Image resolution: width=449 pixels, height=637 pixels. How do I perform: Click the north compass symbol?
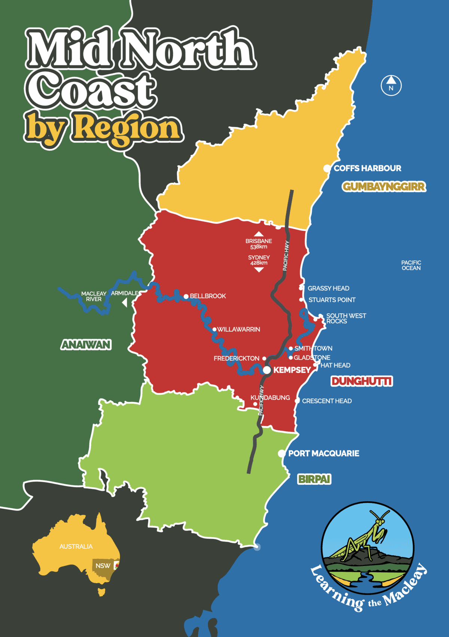click(x=391, y=86)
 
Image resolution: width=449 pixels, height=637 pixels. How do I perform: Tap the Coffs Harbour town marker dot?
click(x=327, y=168)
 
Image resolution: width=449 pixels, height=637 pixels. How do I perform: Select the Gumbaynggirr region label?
click(x=384, y=187)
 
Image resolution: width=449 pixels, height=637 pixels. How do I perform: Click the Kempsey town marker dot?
click(x=267, y=370)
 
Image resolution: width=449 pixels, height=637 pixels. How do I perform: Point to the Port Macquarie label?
click(x=324, y=453)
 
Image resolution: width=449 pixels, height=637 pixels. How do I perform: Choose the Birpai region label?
click(x=314, y=479)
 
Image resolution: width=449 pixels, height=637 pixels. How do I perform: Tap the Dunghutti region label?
click(x=362, y=381)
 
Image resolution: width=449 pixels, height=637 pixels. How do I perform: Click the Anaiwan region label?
click(x=86, y=345)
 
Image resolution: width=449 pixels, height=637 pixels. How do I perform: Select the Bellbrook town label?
click(x=208, y=296)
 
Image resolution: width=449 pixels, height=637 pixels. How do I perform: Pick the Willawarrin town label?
click(x=239, y=329)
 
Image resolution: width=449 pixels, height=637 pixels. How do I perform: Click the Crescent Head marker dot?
click(x=297, y=401)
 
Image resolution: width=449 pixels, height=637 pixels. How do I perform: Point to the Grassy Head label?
click(x=329, y=288)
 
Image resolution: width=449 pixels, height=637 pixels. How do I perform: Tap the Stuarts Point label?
click(x=332, y=300)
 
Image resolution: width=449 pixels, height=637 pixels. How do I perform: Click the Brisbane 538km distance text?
click(x=259, y=244)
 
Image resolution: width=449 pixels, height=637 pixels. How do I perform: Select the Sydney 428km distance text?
click(x=259, y=260)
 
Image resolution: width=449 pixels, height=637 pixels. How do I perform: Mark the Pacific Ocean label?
click(x=411, y=265)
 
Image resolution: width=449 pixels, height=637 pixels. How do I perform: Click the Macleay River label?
click(x=94, y=296)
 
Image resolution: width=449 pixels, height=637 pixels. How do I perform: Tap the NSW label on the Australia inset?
click(x=103, y=566)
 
